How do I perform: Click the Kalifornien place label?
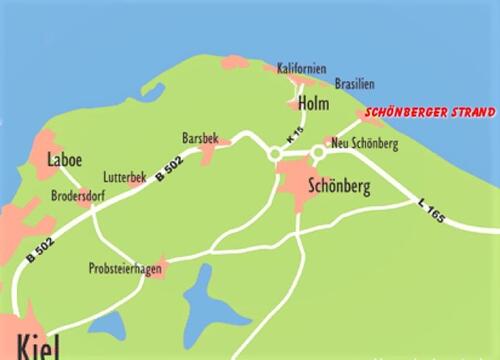tap(302, 69)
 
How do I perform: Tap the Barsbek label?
tap(199, 137)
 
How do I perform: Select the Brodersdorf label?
tap(78, 197)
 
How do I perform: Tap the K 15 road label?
tap(293, 134)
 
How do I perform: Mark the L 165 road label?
tap(431, 210)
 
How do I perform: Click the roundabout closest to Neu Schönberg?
tap(318, 152)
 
